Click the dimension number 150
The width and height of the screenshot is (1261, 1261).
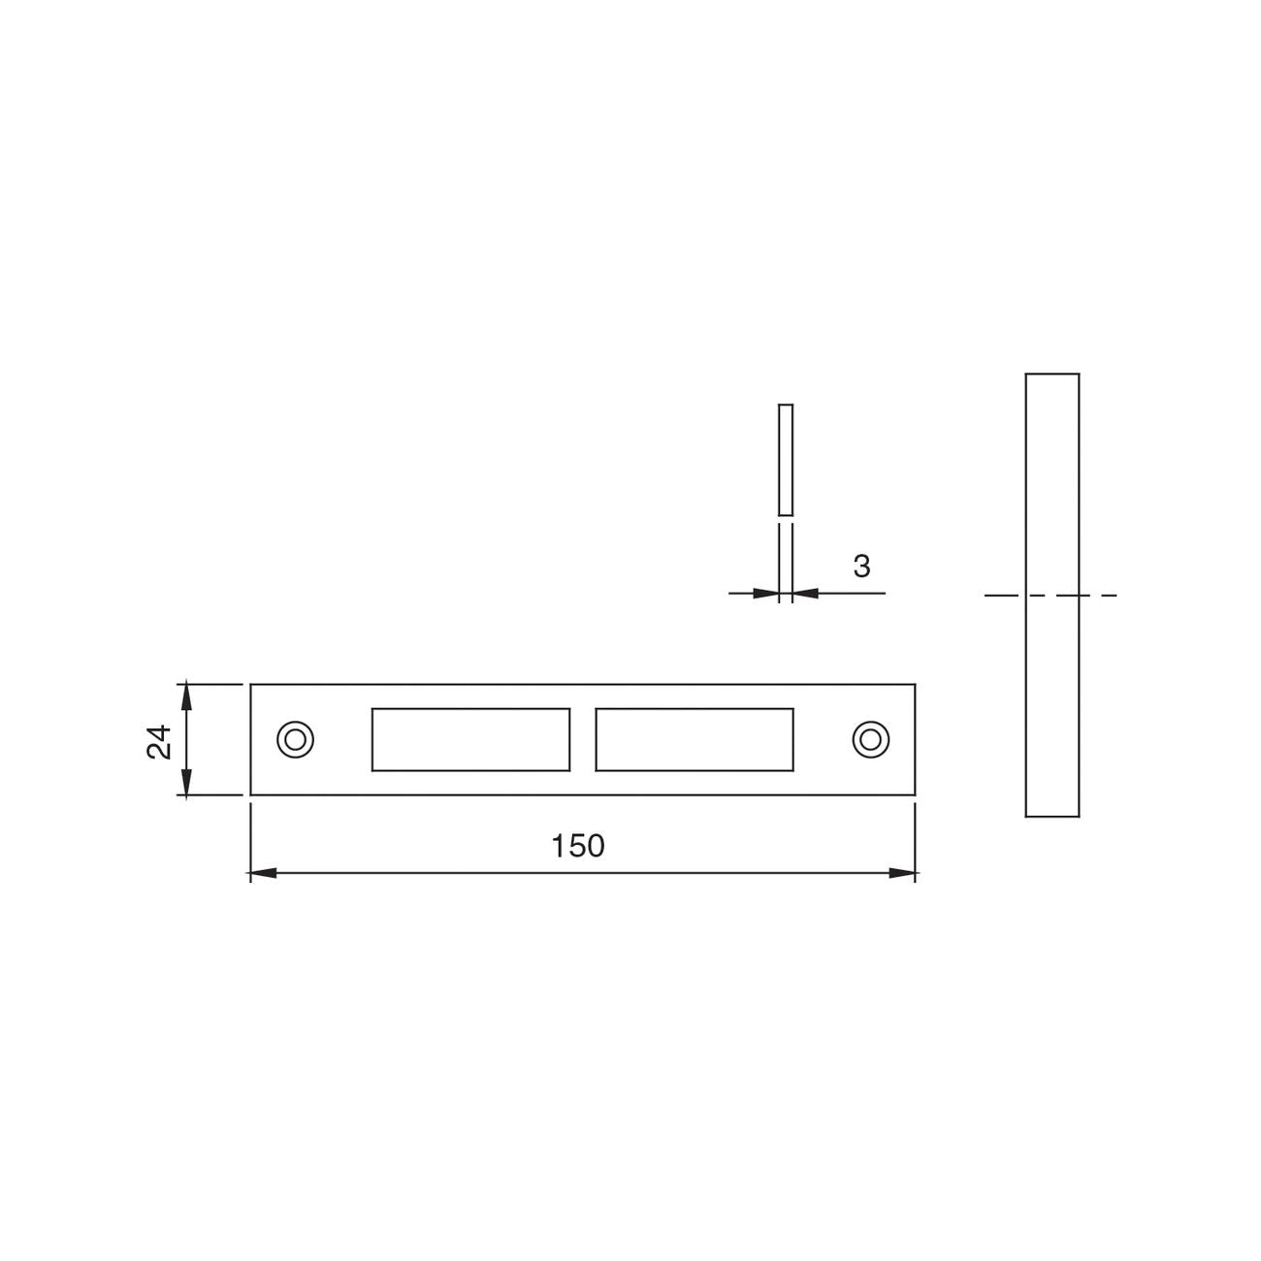[578, 846]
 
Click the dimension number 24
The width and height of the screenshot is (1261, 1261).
[159, 742]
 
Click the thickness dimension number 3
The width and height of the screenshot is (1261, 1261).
[861, 566]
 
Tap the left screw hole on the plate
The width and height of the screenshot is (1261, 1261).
[295, 739]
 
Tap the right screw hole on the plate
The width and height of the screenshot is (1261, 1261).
[870, 739]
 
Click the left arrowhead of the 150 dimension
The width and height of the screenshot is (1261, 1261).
[263, 873]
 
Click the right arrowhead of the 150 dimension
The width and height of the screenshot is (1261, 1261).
[902, 873]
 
